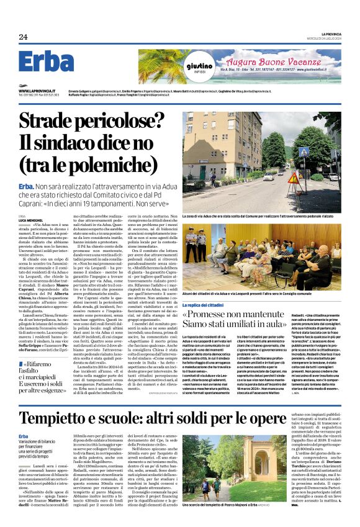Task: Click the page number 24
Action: (x=23, y=37)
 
